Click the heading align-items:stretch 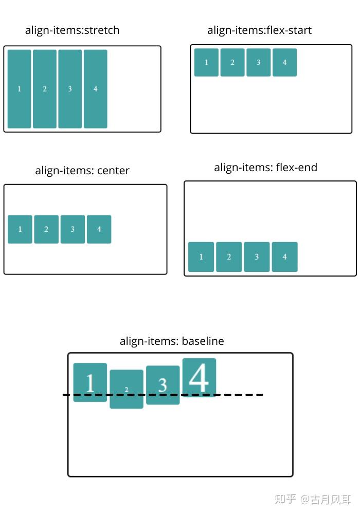click(x=72, y=30)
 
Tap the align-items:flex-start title click(x=259, y=30)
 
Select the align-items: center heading click(x=82, y=171)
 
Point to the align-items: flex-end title click(x=265, y=168)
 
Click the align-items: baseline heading click(x=172, y=341)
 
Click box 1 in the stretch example click(x=19, y=89)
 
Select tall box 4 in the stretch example click(x=95, y=89)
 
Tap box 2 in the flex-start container click(x=232, y=62)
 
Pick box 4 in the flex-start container click(x=284, y=62)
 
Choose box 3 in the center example click(x=73, y=229)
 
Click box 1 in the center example click(x=20, y=229)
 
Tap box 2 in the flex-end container click(x=229, y=257)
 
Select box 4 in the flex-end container click(x=284, y=257)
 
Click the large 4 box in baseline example click(x=199, y=377)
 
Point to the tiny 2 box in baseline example click(x=127, y=389)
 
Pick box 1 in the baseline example click(x=90, y=382)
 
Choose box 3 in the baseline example click(x=163, y=385)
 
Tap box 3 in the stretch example click(x=70, y=89)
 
